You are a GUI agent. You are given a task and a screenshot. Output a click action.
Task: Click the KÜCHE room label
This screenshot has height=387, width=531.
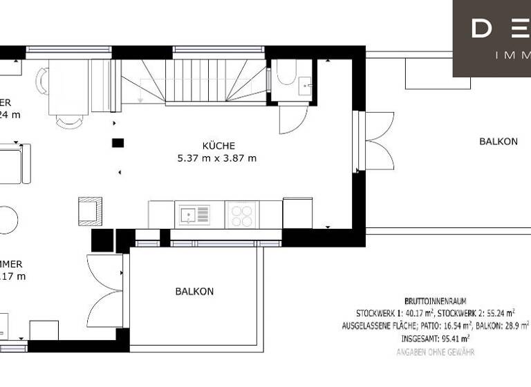tap(218, 146)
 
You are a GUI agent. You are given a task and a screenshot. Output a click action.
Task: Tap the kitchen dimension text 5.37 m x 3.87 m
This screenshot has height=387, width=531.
tap(217, 158)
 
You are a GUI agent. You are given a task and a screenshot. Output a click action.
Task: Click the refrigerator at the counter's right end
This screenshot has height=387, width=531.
tap(297, 213)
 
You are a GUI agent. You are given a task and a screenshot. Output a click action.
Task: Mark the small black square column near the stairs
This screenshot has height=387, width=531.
tap(118, 143)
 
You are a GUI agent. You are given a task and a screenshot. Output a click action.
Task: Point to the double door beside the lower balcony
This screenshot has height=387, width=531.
tap(104, 291)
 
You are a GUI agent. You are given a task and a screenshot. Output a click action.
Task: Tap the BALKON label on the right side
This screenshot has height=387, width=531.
tap(498, 142)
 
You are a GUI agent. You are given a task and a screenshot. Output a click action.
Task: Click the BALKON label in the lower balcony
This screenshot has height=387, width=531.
tap(194, 292)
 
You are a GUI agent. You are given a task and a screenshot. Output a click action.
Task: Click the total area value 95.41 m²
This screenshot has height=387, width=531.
tap(454, 339)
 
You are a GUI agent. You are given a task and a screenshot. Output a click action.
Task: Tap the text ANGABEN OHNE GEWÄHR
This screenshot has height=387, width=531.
tap(435, 352)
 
